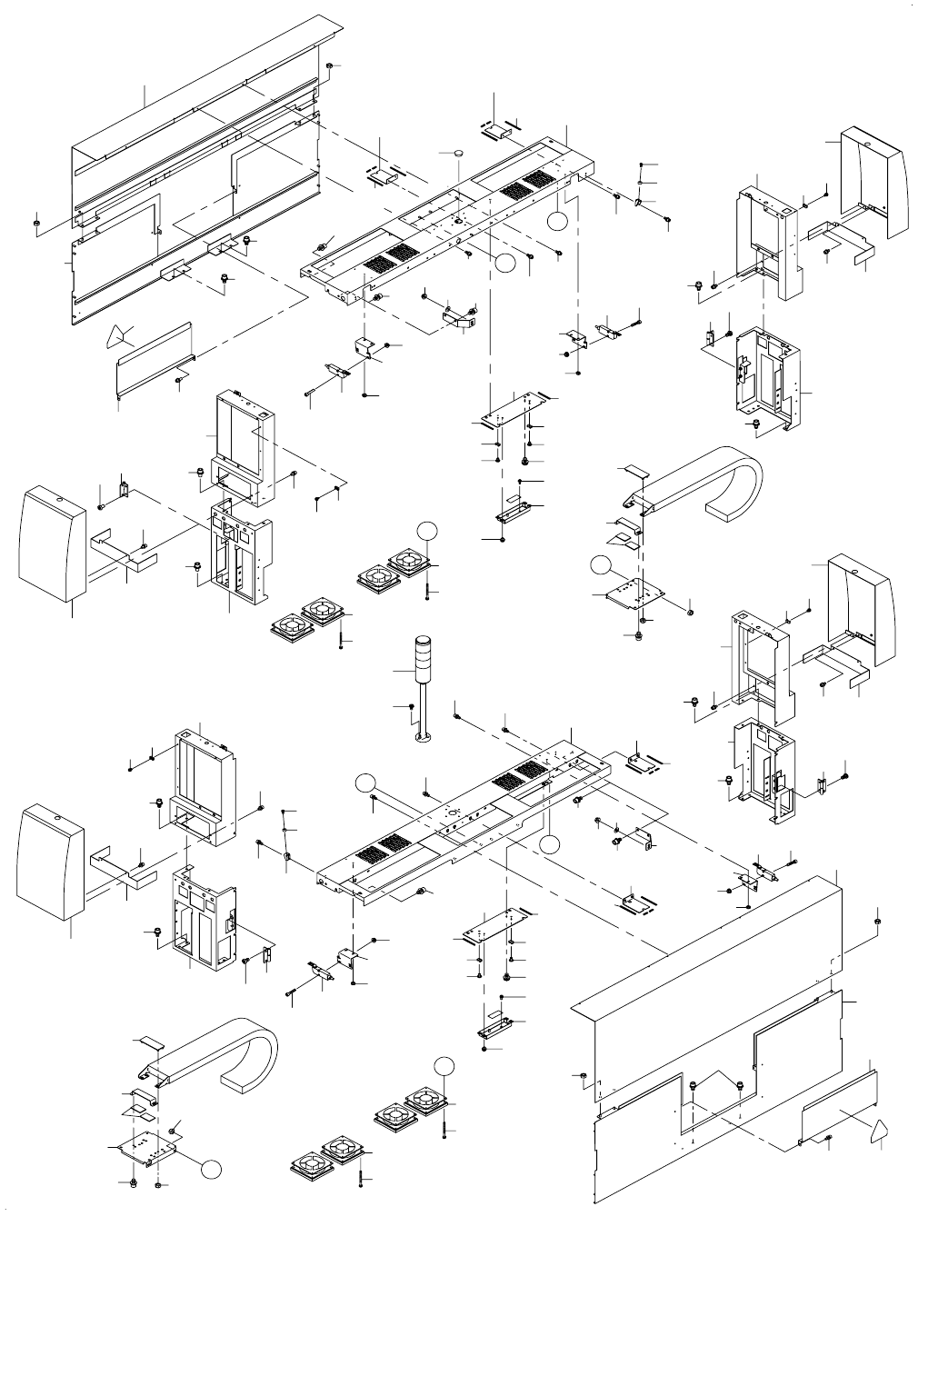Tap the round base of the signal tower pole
pyautogui.click(x=424, y=737)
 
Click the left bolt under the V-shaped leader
pyautogui.click(x=694, y=1085)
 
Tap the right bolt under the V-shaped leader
pyautogui.click(x=740, y=1085)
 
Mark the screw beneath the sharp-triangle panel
pyautogui.click(x=176, y=379)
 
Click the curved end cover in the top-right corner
pyautogui.click(x=874, y=182)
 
